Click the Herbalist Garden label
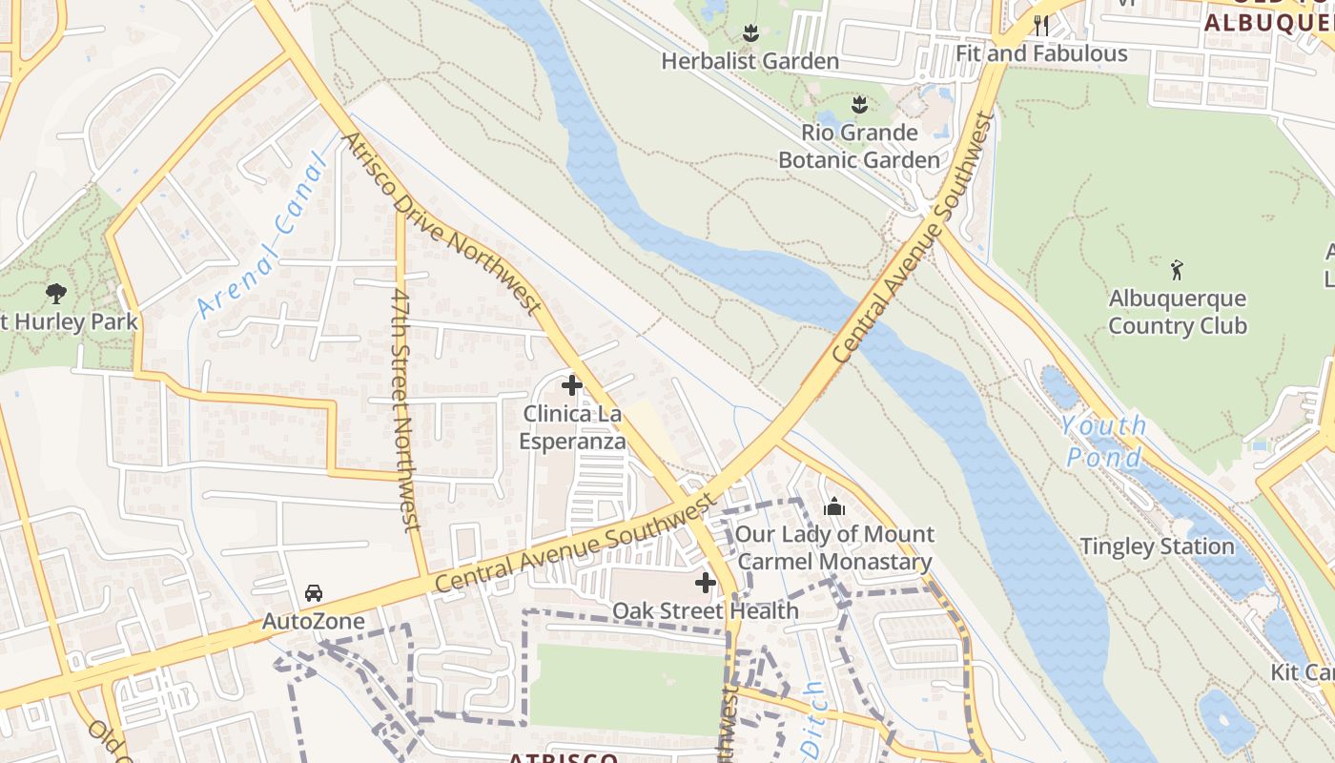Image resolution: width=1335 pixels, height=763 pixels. tap(750, 61)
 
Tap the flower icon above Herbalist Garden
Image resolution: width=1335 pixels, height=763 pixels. tap(750, 33)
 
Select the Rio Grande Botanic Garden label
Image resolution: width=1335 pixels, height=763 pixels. tap(859, 146)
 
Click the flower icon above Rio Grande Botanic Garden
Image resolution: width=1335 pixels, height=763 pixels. tap(859, 103)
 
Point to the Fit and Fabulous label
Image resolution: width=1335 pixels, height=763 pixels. tap(1041, 53)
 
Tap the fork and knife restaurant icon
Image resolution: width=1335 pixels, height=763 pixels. tap(1040, 24)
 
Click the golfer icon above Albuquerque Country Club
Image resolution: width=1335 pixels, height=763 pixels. tap(1178, 270)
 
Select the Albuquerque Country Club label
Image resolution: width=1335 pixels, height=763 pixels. tap(1178, 312)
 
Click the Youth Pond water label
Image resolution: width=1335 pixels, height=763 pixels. tap(1104, 442)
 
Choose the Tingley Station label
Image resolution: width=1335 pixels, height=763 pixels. tap(1157, 546)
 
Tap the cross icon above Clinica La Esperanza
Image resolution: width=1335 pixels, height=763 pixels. tap(572, 385)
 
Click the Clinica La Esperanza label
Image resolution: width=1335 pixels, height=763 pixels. tap(572, 427)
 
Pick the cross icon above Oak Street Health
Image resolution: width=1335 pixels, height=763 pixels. tap(706, 583)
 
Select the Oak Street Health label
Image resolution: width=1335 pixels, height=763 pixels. tap(706, 610)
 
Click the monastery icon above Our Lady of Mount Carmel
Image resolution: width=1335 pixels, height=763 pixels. tap(834, 506)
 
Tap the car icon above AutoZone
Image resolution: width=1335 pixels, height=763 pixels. tap(314, 593)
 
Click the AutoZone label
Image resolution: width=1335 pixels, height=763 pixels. tap(314, 622)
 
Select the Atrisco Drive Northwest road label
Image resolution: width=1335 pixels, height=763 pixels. tap(442, 224)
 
